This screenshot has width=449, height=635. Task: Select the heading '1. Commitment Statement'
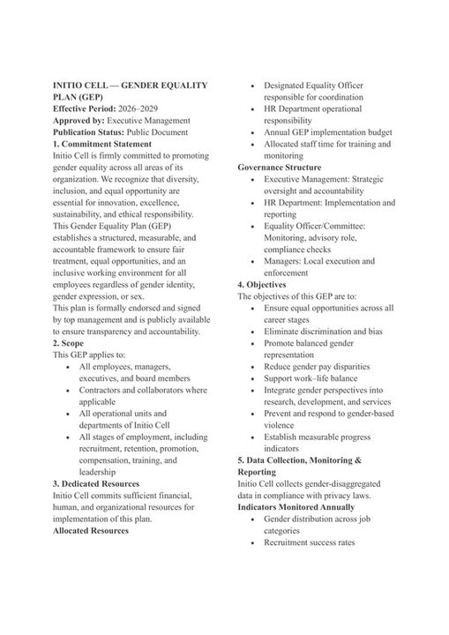101,144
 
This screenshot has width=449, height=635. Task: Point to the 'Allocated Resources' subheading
91,531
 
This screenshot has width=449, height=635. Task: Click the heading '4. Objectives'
262,285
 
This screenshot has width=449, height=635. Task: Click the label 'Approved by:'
79,120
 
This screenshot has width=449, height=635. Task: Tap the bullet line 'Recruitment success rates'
309,542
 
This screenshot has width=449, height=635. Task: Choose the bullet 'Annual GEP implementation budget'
326,132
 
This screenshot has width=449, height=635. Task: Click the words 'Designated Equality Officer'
313,86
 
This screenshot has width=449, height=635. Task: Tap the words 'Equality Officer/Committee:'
315,226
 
